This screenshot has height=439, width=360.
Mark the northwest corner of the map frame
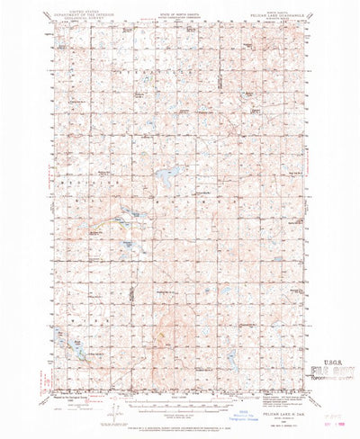tap(49, 27)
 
